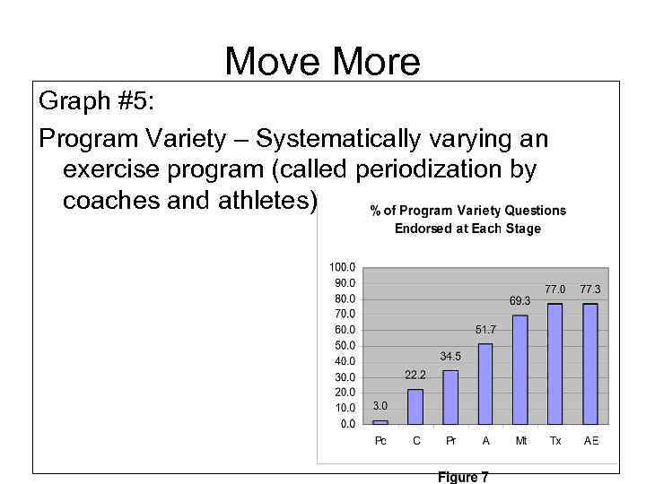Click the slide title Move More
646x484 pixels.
[x=322, y=62]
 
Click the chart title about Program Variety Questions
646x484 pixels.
[x=467, y=220]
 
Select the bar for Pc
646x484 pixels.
[x=380, y=420]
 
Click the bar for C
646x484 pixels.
[x=415, y=405]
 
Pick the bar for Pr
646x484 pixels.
[x=450, y=396]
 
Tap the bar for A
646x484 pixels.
[x=485, y=383]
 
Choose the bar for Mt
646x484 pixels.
[x=520, y=368]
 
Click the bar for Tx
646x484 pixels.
[x=555, y=363]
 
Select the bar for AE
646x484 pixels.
[x=590, y=363]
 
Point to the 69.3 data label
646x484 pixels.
[x=520, y=301]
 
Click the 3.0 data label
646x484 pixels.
[x=380, y=406]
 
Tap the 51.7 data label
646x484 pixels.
[x=485, y=330]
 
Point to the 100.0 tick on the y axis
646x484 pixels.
[x=343, y=267]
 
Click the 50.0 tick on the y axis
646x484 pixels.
[x=345, y=345]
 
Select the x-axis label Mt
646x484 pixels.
[x=520, y=441]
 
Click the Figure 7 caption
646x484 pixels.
[x=462, y=477]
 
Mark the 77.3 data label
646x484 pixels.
[x=590, y=290]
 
